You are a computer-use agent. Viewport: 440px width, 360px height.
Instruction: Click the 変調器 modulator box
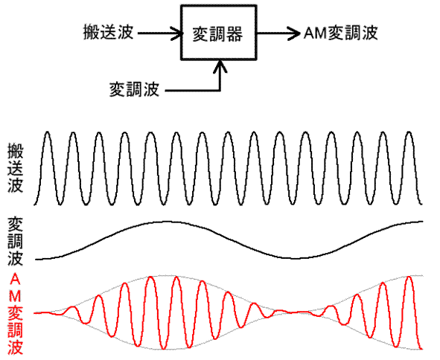pos(219,33)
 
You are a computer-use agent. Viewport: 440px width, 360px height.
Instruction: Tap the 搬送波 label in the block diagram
pos(108,32)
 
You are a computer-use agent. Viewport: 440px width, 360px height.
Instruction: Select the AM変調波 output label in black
pos(341,33)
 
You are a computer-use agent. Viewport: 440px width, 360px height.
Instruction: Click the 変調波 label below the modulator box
pos(134,90)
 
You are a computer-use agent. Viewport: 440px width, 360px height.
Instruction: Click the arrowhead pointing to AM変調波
pos(294,33)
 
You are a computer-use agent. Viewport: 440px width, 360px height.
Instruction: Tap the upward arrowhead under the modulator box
pos(220,67)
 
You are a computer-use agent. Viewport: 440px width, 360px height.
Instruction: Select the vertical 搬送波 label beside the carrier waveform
pos(15,168)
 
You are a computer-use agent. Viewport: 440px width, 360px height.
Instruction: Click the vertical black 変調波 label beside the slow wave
pos(15,241)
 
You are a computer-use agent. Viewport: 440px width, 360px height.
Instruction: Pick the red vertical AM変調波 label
pos(15,314)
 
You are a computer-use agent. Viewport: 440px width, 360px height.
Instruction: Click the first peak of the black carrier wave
pos(48,132)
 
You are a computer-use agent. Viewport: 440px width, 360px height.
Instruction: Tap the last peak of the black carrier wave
pos(409,132)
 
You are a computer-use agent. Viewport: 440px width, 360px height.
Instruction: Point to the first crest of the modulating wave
pos(165,222)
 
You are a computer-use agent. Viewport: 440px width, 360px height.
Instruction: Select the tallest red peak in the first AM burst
pos(151,277)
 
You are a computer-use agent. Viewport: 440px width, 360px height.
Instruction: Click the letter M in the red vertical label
pos(15,295)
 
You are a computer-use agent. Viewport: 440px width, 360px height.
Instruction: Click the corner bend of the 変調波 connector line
pos(220,90)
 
